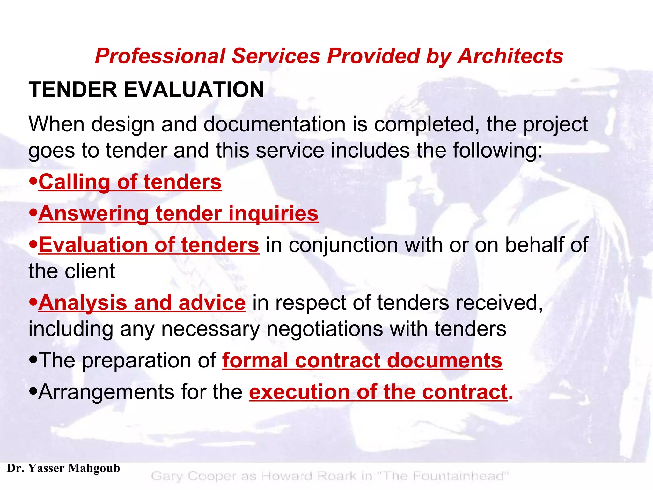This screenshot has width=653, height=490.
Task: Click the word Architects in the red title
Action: [x=510, y=56]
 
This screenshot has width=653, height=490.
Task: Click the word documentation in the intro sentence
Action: [x=274, y=124]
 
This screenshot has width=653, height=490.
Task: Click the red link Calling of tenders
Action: [x=130, y=182]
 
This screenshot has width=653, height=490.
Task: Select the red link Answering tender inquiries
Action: [x=178, y=213]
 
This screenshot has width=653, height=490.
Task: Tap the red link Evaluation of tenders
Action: [x=149, y=245]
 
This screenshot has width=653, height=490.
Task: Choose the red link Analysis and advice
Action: [x=142, y=303]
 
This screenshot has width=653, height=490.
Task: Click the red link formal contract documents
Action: [x=362, y=360]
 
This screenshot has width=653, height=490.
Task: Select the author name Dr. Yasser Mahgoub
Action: [x=63, y=468]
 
